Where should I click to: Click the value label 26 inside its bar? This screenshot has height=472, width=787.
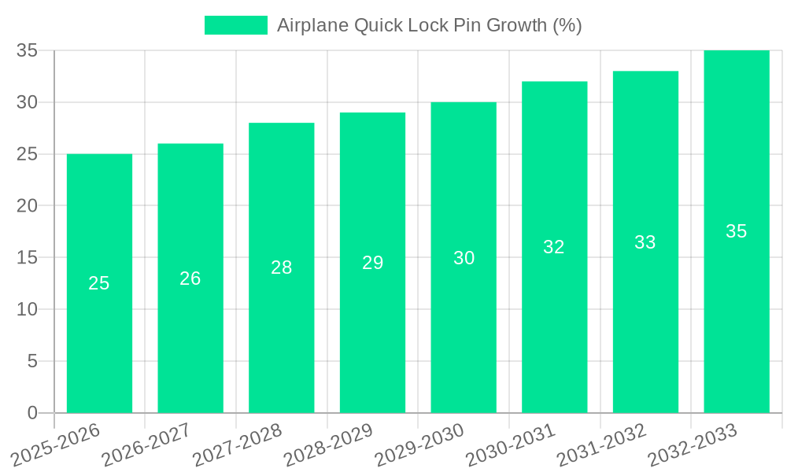click(190, 278)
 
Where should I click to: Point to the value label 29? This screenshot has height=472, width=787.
click(372, 263)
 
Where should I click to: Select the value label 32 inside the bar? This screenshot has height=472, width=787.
click(554, 247)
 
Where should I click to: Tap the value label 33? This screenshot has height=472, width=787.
click(645, 242)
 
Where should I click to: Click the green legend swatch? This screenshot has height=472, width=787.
click(235, 25)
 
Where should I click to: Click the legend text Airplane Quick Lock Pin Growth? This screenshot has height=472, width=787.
click(429, 25)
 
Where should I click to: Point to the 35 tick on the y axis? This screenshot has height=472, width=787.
click(27, 50)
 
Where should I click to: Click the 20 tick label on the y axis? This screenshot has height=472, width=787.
click(27, 206)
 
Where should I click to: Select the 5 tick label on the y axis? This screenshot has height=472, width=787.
click(32, 361)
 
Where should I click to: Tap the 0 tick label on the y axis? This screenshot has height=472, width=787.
click(32, 413)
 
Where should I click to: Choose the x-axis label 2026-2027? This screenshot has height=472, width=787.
click(146, 445)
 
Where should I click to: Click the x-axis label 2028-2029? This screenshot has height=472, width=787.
click(328, 445)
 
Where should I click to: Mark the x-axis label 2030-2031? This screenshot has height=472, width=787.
click(511, 445)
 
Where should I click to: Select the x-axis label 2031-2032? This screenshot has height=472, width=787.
click(601, 445)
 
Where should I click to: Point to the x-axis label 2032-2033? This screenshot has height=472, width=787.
click(693, 445)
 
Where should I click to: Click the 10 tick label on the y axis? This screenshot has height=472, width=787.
click(27, 309)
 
